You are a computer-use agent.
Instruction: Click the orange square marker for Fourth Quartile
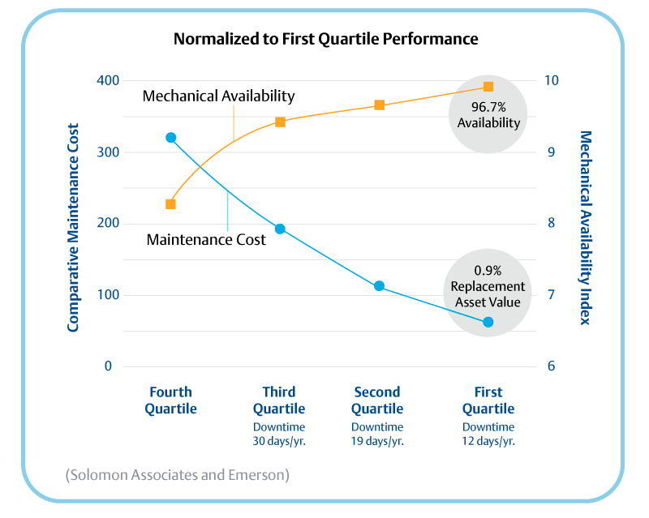point(170,203)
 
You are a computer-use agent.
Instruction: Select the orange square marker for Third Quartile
point(280,122)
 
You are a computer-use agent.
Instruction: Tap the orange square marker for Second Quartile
point(379,105)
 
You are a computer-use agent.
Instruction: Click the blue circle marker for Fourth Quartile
point(170,138)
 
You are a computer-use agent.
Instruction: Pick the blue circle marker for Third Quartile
point(280,229)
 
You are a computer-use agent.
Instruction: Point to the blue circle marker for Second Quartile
point(379,286)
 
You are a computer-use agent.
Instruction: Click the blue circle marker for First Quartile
point(488,322)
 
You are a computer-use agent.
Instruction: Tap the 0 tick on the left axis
point(107,366)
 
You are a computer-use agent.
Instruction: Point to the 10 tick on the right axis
point(551,81)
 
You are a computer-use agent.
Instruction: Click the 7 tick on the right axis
point(551,295)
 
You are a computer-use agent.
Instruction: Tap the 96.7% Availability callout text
point(488,114)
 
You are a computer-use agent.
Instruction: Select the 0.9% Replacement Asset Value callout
point(488,286)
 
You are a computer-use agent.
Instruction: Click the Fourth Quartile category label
point(170,400)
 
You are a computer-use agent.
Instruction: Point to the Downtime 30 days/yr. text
point(279,434)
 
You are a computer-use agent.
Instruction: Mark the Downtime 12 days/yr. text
point(488,434)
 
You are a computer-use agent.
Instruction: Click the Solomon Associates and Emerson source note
point(177,474)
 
